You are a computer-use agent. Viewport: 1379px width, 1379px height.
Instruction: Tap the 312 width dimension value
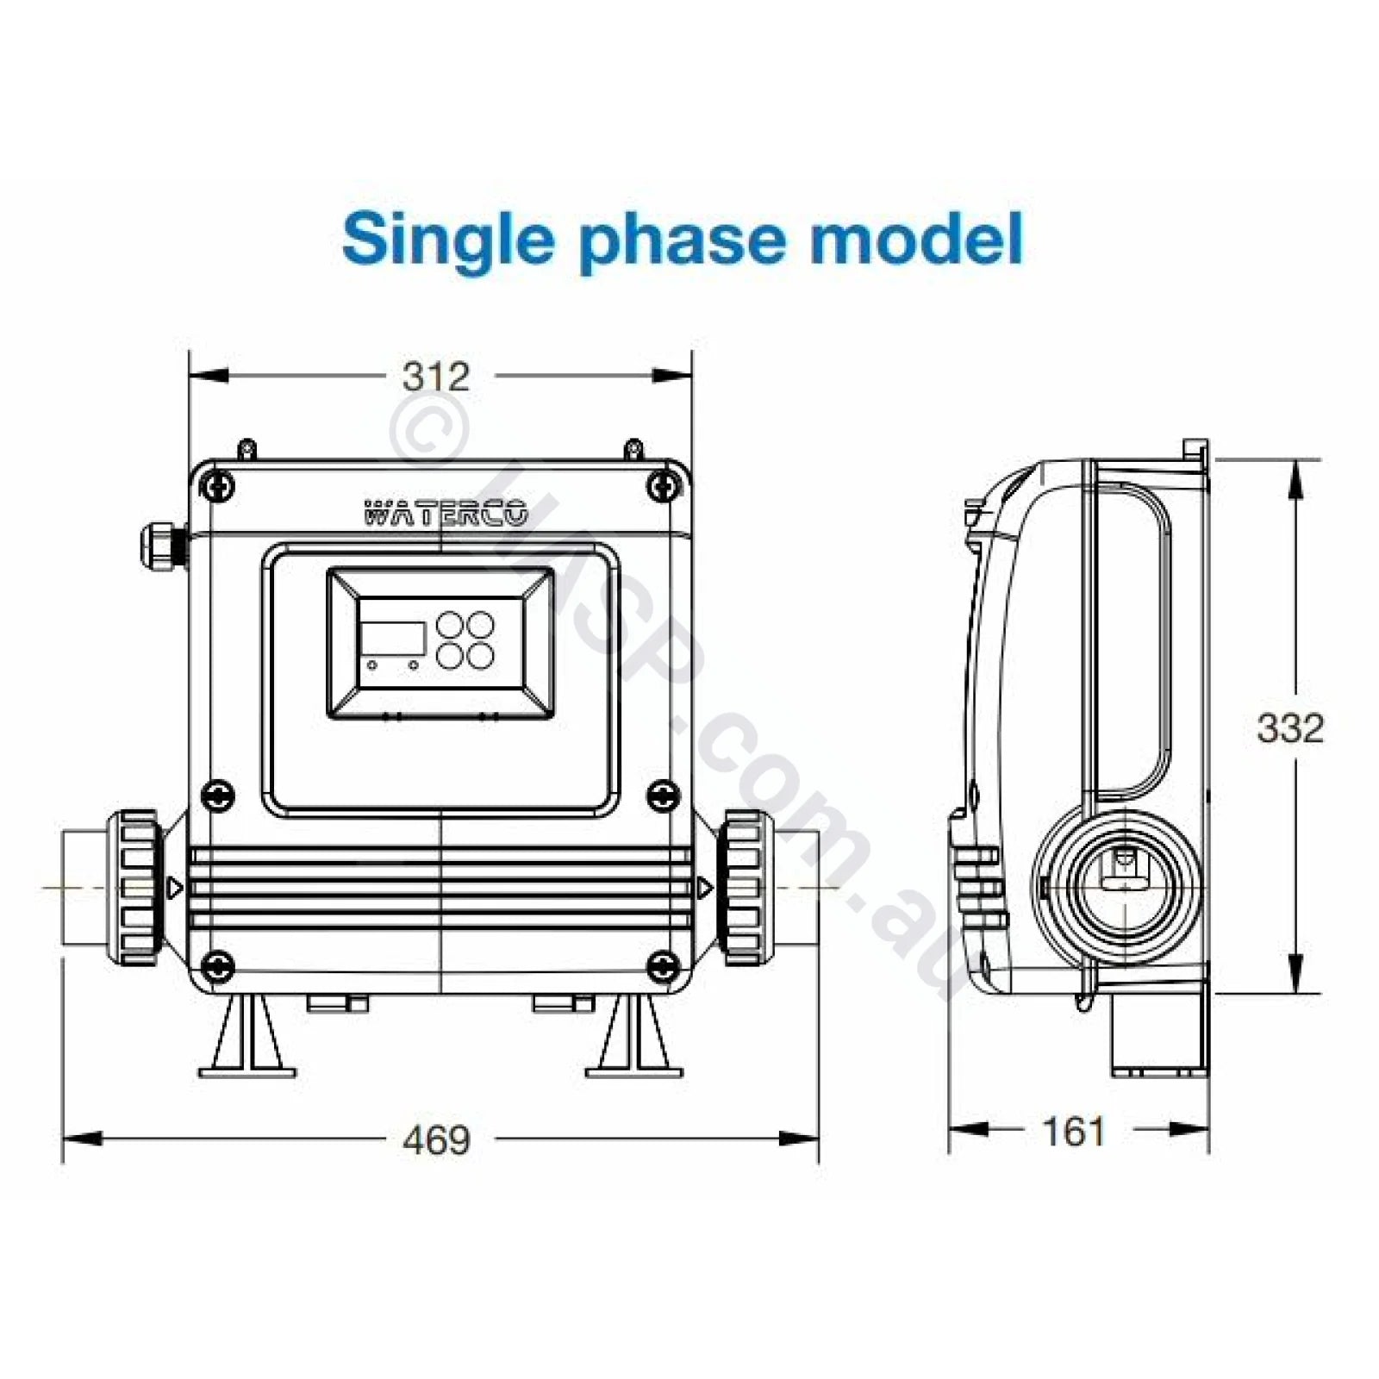pyautogui.click(x=437, y=377)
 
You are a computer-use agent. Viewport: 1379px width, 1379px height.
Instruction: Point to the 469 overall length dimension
pyautogui.click(x=437, y=1139)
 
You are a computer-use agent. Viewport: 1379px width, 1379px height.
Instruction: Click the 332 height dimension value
pyautogui.click(x=1289, y=728)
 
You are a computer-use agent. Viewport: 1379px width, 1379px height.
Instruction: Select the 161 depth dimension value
pyautogui.click(x=1074, y=1132)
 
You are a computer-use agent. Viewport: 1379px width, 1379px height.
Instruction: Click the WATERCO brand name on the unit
pyautogui.click(x=445, y=515)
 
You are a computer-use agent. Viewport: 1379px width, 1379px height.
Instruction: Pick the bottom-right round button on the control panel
pyautogui.click(x=481, y=656)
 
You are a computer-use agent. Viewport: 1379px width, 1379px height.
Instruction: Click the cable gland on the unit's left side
pyautogui.click(x=162, y=543)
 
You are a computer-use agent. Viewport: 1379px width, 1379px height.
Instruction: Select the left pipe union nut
pyautogui.click(x=138, y=887)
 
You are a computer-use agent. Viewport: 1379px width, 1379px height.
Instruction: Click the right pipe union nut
pyautogui.click(x=742, y=887)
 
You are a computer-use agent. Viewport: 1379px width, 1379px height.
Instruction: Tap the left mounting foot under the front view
pyautogui.click(x=248, y=1036)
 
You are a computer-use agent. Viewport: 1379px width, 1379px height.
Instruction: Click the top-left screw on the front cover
pyautogui.click(x=218, y=487)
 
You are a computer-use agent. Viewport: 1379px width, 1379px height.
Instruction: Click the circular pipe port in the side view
pyautogui.click(x=1120, y=884)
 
